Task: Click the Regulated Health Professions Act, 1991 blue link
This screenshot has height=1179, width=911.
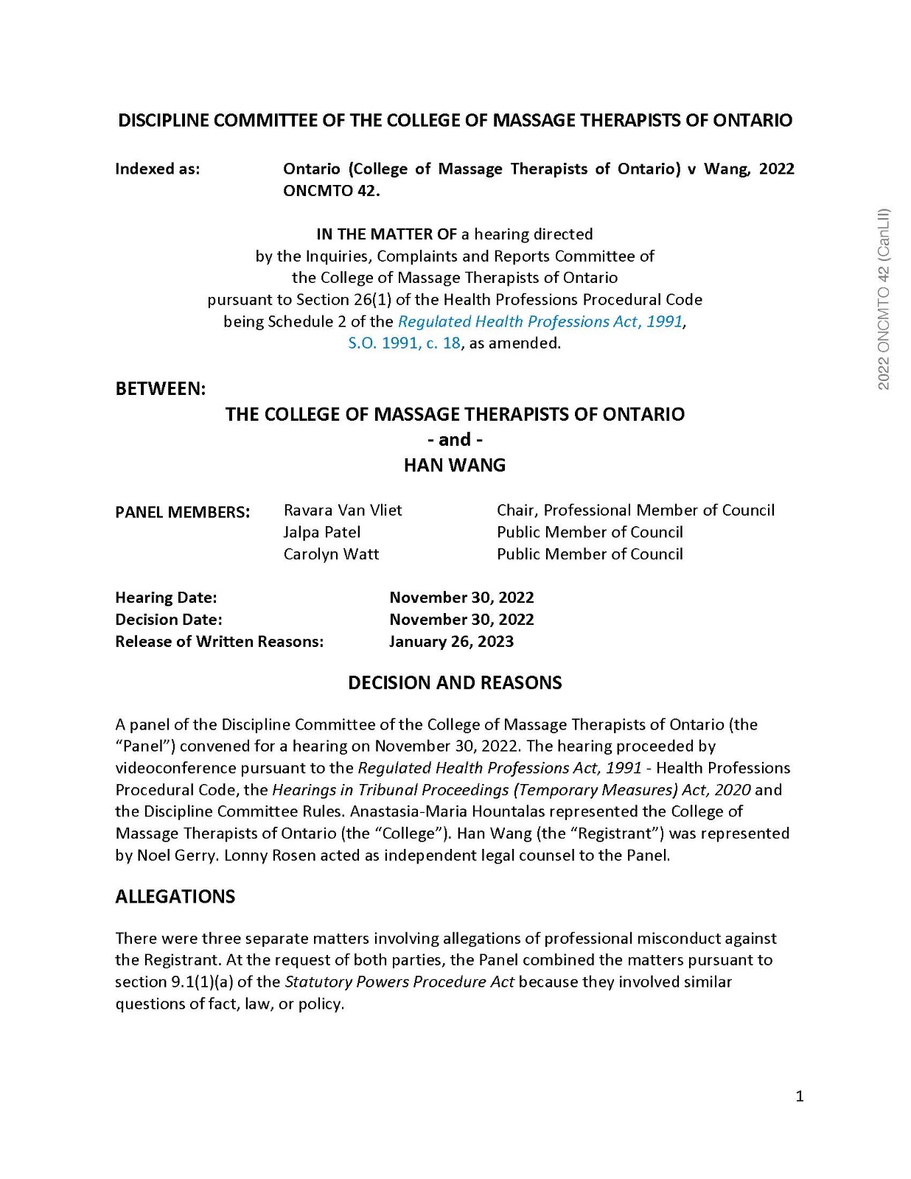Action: click(x=540, y=321)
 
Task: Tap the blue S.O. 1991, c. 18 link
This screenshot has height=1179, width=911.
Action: click(x=404, y=343)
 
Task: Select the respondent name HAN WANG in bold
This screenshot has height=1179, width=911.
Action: click(x=455, y=465)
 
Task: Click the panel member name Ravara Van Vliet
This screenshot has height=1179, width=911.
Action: click(x=343, y=510)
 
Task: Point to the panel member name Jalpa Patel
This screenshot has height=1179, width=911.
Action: click(x=322, y=532)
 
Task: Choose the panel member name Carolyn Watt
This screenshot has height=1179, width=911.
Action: click(x=331, y=554)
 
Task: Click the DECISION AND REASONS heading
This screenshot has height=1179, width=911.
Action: click(x=455, y=682)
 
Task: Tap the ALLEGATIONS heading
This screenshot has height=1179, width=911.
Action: click(x=175, y=896)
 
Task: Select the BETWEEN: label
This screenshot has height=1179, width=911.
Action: click(x=161, y=388)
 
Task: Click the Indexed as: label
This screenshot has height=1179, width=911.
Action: click(x=158, y=169)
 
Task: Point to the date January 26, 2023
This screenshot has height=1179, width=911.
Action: click(x=451, y=641)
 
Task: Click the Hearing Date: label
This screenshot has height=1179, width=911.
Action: click(x=166, y=597)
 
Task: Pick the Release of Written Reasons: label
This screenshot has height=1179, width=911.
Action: click(x=219, y=641)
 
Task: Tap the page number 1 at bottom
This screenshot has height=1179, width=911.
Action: click(x=800, y=1096)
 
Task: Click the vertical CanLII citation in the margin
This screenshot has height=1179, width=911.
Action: click(x=884, y=298)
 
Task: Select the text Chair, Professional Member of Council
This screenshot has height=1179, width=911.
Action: click(x=635, y=510)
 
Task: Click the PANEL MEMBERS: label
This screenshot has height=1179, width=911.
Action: click(x=183, y=511)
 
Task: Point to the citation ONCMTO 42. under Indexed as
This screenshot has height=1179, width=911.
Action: click(x=332, y=191)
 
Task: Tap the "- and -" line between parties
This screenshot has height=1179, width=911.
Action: click(x=455, y=440)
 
